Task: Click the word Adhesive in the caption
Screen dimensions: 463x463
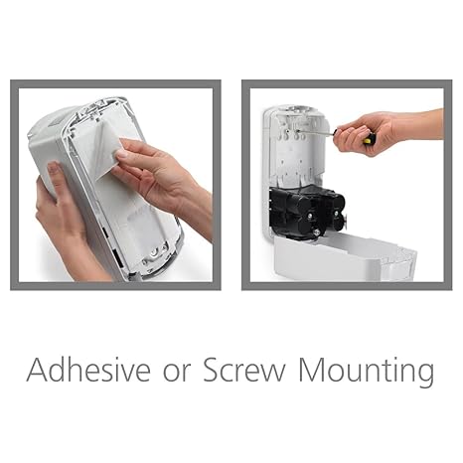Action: coord(90,371)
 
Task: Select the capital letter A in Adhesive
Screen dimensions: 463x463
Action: coord(39,371)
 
